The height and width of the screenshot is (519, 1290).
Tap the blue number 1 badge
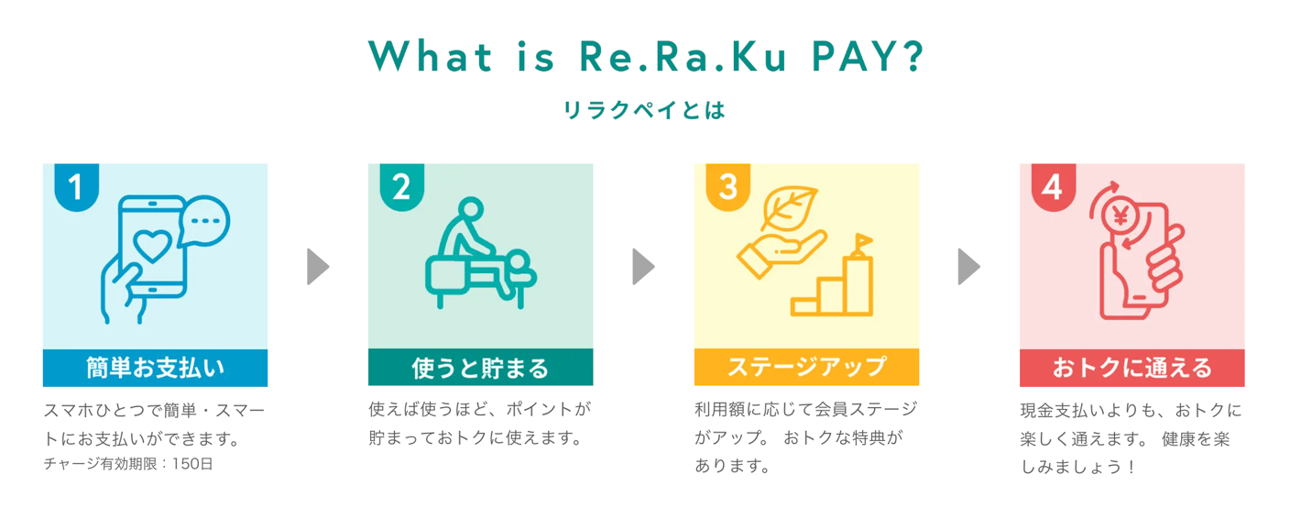click(x=76, y=187)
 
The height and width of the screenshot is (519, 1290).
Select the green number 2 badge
click(x=401, y=187)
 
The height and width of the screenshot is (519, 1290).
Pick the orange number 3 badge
click(x=727, y=187)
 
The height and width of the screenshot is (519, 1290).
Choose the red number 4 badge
click(x=1053, y=187)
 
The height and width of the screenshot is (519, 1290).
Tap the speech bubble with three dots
click(x=204, y=221)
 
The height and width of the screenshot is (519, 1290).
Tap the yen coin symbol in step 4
click(x=1120, y=217)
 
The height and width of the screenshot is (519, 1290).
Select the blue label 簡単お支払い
click(x=155, y=368)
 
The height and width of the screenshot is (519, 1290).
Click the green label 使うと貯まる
click(x=480, y=368)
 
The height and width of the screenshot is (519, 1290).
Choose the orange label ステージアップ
click(x=806, y=368)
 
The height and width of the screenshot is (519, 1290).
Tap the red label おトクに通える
click(x=1131, y=368)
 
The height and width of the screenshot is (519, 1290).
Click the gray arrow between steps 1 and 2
click(x=318, y=267)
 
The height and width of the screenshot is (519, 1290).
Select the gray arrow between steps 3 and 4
click(x=968, y=267)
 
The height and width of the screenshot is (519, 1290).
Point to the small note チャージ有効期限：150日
click(x=128, y=465)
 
